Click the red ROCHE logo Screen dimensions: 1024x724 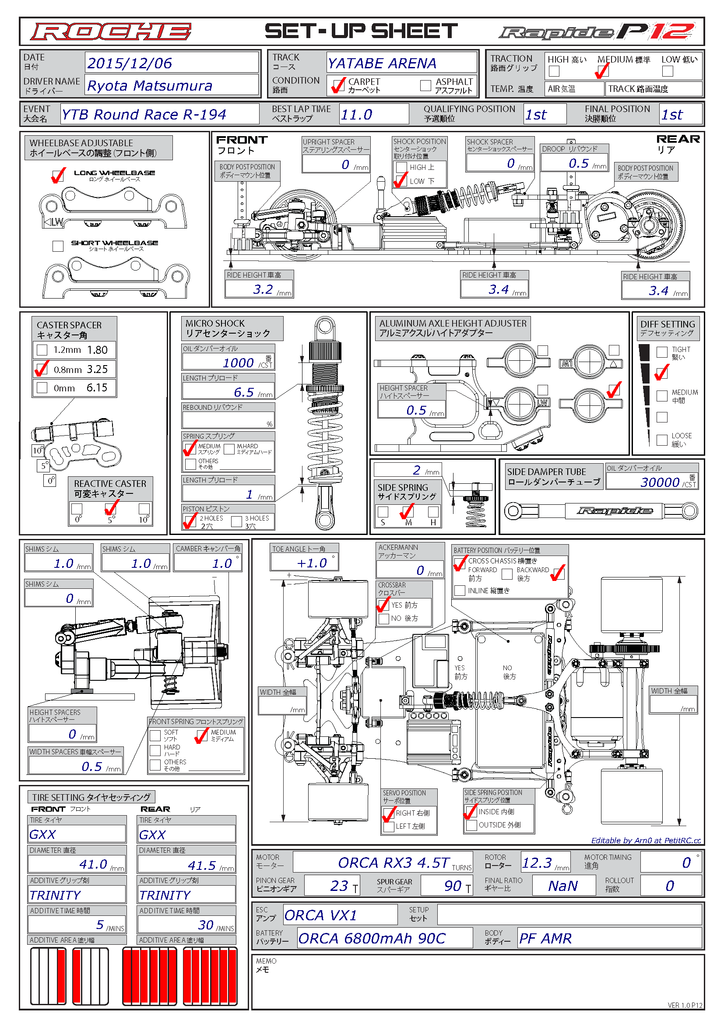coord(111,32)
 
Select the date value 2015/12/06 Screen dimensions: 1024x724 coord(129,63)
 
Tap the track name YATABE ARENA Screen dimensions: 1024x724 coord(382,63)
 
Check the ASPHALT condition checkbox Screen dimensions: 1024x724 coord(425,85)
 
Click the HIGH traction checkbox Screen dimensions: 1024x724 coord(554,71)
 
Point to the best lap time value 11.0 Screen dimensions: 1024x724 coord(356,115)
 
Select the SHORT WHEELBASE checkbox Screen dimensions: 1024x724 coord(58,246)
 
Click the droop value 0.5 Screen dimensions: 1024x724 coord(579,163)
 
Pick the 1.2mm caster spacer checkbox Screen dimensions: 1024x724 coord(42,350)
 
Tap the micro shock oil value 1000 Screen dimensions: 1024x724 coord(238,362)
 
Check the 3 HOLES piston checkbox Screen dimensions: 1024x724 coord(236,522)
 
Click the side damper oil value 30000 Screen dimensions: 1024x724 coord(660,482)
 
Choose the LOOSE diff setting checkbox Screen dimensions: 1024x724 coord(662,440)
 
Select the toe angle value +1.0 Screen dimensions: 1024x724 coord(312,563)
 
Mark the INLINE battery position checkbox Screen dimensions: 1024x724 coord(460,591)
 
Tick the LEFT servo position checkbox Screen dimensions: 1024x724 coord(388,826)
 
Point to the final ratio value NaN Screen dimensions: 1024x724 coord(562,886)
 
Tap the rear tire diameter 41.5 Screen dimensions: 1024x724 coord(201,865)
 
